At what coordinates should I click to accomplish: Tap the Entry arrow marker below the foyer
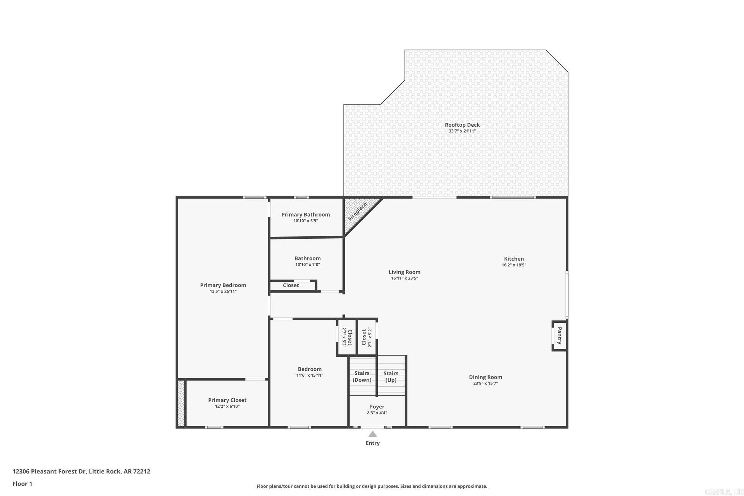[x=372, y=434]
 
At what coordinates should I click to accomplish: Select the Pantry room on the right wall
[x=559, y=336]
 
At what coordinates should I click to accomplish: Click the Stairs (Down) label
[x=362, y=376]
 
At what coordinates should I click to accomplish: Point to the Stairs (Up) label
[x=391, y=376]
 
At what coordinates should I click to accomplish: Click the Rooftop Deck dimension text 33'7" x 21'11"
[x=462, y=131]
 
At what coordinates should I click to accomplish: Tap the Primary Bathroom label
[x=305, y=215]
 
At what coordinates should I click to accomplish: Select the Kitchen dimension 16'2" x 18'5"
[x=514, y=265]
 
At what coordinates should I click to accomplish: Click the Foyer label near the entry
[x=377, y=406]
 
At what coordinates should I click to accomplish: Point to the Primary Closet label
[x=227, y=400]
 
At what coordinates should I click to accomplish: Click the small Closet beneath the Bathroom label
[x=291, y=286]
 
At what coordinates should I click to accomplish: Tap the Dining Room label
[x=485, y=377]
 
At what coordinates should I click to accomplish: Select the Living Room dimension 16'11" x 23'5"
[x=404, y=278]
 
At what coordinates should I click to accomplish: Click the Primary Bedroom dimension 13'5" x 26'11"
[x=223, y=291]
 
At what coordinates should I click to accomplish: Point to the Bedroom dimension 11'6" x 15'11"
[x=310, y=375]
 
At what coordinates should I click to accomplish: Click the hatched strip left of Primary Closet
[x=181, y=403]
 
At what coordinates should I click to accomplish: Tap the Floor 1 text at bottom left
[x=22, y=484]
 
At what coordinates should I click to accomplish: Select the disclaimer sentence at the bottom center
[x=372, y=486]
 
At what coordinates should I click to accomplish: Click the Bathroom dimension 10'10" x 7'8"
[x=307, y=265]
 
